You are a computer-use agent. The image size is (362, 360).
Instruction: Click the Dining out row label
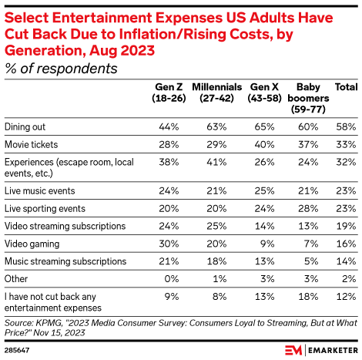point(25,126)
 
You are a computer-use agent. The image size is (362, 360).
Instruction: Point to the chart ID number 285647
point(16,348)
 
